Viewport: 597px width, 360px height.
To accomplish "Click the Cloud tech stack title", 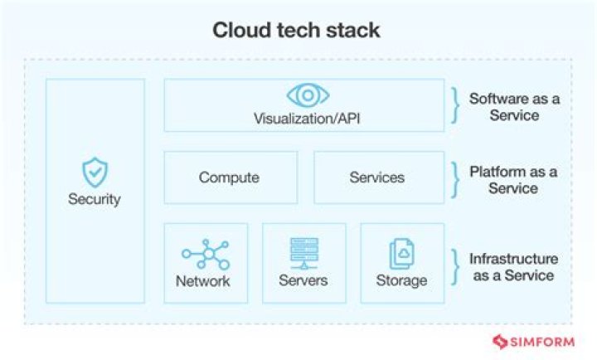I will tap(297, 32).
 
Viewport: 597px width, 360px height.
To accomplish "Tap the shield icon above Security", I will tap(95, 173).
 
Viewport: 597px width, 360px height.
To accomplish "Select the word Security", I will tap(95, 199).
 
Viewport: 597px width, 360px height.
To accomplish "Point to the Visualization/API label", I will tap(307, 119).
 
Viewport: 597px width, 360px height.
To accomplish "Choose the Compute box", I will tap(230, 178).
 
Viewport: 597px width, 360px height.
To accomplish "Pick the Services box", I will tap(376, 178).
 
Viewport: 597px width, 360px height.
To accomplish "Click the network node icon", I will tap(205, 253).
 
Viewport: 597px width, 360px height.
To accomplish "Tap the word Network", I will tap(203, 280).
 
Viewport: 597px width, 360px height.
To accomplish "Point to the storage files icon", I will tap(401, 253).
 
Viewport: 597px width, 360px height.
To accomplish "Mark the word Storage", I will tap(401, 280).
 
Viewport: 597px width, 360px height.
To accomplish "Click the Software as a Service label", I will tap(514, 107).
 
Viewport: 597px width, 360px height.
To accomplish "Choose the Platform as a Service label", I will tap(513, 180).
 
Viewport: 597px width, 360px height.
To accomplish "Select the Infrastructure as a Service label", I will tap(514, 267).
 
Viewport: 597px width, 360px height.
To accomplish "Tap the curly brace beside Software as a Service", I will tap(454, 106).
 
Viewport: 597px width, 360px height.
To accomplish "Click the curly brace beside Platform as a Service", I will tap(454, 178).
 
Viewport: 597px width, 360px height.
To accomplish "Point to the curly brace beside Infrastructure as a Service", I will tap(454, 266).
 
